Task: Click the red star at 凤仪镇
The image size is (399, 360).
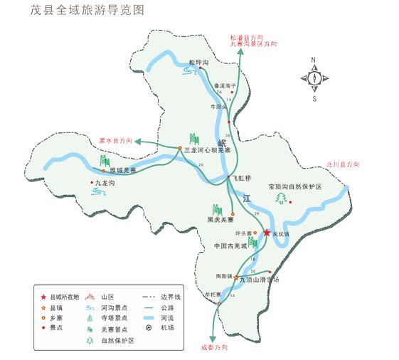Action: coord(267,233)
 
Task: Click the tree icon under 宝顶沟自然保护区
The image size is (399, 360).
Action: coord(282,198)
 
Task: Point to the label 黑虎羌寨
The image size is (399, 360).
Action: coord(220,220)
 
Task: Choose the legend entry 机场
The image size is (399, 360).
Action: coord(165,328)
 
